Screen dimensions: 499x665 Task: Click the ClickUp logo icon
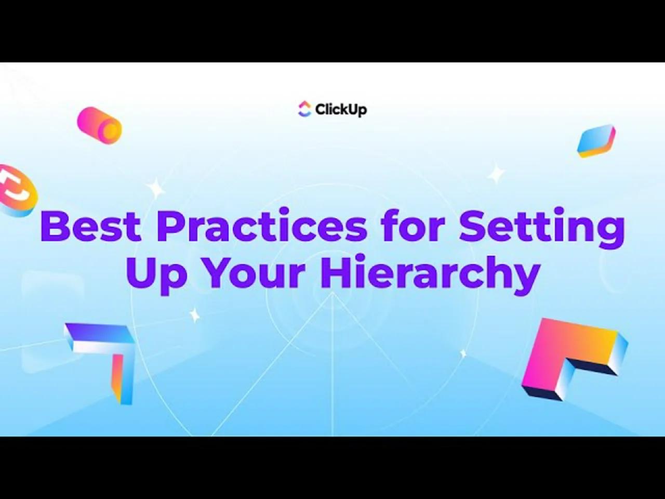pos(304,109)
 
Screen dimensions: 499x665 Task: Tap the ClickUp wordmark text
pos(341,110)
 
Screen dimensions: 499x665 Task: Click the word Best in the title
pos(90,226)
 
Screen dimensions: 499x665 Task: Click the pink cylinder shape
pos(99,125)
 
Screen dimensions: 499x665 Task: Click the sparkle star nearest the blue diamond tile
pos(496,174)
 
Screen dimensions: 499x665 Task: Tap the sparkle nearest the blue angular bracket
pos(194,314)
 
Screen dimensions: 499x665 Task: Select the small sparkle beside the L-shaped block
pos(463,353)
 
